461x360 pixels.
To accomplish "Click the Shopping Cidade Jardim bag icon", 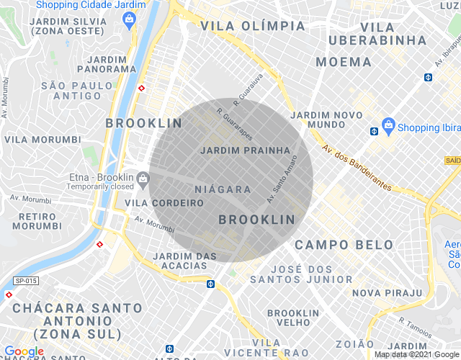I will click(x=129, y=18).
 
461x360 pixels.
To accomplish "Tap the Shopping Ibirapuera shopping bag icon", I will click(x=388, y=126).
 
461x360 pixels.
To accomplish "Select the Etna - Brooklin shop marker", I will click(x=143, y=178).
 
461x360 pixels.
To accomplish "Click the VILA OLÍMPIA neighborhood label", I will click(x=253, y=26).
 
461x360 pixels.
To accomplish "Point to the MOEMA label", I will click(x=344, y=62).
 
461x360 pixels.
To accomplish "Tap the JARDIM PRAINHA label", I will click(x=246, y=151).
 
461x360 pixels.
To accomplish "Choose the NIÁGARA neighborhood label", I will click(x=223, y=189).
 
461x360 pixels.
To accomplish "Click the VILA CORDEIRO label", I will click(x=164, y=203).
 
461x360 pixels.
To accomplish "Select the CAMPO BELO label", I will click(x=344, y=245).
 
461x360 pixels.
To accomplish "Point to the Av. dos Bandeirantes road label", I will click(x=357, y=170).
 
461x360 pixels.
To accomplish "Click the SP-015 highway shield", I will click(x=26, y=279).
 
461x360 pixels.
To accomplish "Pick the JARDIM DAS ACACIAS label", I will click(x=185, y=261).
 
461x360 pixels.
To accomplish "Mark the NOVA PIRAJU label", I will click(x=387, y=292).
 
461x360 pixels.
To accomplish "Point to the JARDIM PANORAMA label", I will click(x=111, y=63).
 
